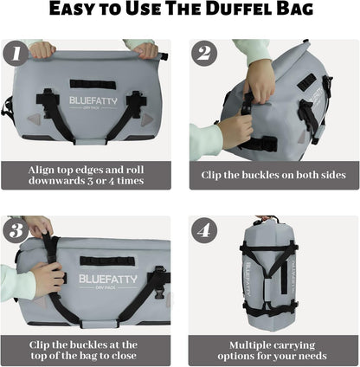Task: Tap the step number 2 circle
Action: tap(203, 55)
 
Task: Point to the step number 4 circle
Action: tap(203, 231)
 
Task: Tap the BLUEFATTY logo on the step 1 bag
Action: tap(91, 100)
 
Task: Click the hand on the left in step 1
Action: tap(42, 49)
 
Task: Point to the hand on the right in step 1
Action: tap(145, 50)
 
